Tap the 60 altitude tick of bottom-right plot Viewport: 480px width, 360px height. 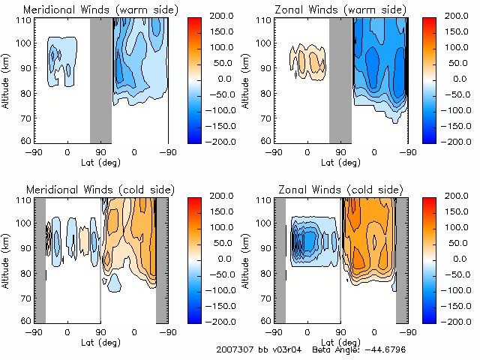click(264, 320)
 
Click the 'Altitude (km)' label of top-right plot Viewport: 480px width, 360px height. click(248, 80)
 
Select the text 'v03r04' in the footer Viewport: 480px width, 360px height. click(283, 350)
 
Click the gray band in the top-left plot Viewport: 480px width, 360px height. click(100, 80)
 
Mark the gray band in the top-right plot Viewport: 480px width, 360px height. click(340, 80)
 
